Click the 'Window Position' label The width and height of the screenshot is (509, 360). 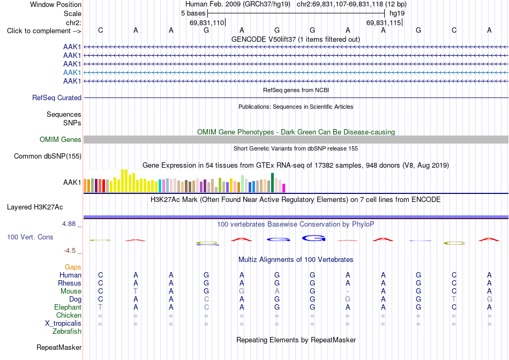click(x=56, y=4)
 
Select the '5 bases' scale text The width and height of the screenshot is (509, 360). click(x=193, y=13)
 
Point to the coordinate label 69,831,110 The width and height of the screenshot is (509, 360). click(x=207, y=22)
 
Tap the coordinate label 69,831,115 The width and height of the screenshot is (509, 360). click(x=384, y=22)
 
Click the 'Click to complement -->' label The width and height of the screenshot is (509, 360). click(x=44, y=31)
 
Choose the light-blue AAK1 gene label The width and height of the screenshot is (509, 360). click(x=72, y=72)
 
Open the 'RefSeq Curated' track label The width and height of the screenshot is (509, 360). click(x=57, y=97)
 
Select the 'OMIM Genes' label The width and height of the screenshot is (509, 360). click(x=61, y=140)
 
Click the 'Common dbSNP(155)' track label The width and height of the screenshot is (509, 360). click(x=48, y=156)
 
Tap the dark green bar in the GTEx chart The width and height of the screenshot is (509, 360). click(x=273, y=183)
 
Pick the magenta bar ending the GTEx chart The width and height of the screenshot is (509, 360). click(x=284, y=188)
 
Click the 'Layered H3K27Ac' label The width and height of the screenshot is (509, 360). click(x=35, y=207)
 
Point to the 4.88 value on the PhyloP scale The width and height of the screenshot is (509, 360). click(x=69, y=224)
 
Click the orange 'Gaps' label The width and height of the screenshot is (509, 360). click(x=73, y=267)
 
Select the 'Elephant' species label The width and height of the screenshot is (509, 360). click(x=68, y=307)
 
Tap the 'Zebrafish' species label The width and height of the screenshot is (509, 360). click(x=67, y=332)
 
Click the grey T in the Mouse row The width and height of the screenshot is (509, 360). click(x=136, y=291)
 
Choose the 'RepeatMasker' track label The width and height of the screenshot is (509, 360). click(x=59, y=347)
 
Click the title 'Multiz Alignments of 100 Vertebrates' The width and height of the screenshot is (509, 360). click(x=296, y=259)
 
